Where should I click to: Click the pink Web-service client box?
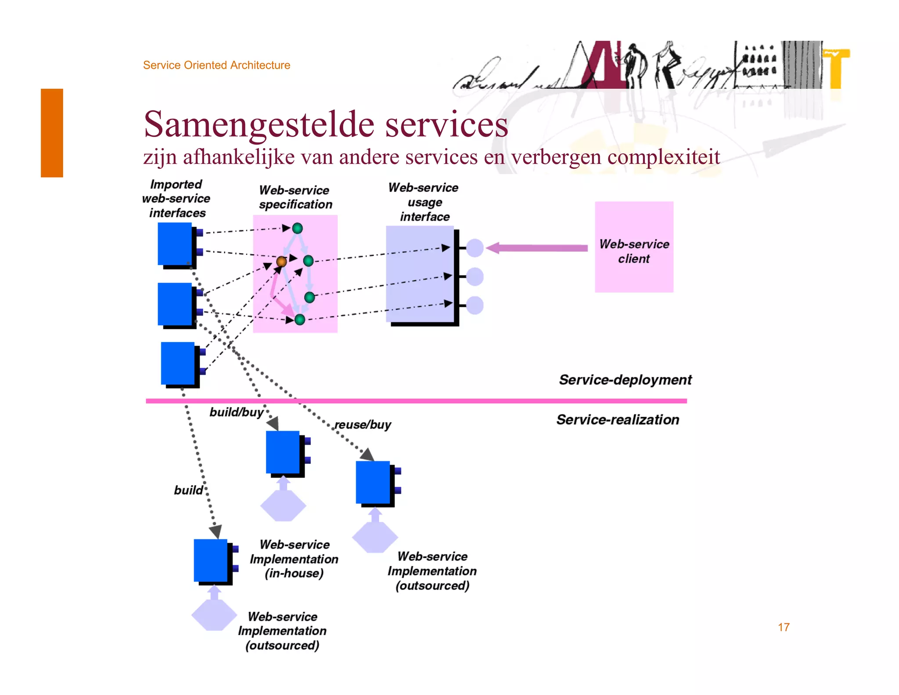pos(633,247)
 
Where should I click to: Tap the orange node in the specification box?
pos(281,262)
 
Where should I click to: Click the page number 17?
pos(784,627)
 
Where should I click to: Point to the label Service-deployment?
pos(625,380)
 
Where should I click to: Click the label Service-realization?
pos(618,420)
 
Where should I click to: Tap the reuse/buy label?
pos(363,425)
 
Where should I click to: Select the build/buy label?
pos(236,412)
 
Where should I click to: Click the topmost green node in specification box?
pos(297,228)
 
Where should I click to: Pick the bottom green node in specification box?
pos(300,319)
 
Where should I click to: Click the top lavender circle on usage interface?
pos(475,248)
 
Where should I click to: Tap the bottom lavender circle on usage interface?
pos(475,305)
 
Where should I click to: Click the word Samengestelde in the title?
pos(259,124)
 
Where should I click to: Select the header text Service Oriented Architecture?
pos(216,65)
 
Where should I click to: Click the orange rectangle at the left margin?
pos(52,133)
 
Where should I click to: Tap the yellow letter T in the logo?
pos(836,68)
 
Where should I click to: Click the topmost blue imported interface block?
pos(175,243)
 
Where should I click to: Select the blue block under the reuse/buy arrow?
pos(373,482)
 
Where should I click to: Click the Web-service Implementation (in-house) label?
pos(294,559)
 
